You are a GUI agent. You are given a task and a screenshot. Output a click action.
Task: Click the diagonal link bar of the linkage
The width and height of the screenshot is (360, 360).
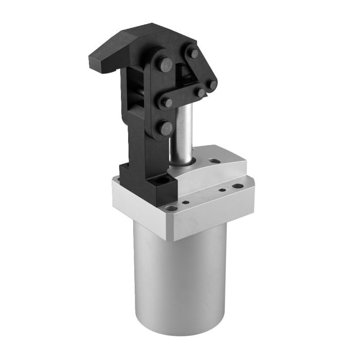[x=202, y=69]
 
